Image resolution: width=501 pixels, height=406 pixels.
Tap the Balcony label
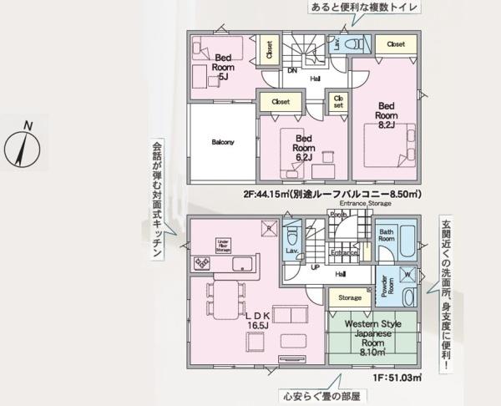point(223,142)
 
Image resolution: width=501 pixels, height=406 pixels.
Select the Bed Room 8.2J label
point(386,115)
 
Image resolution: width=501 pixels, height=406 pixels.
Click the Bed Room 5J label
point(222,66)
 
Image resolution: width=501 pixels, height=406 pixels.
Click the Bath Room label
point(387,235)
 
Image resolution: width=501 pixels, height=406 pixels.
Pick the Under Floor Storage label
point(223,243)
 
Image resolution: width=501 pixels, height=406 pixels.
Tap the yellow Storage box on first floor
point(350,297)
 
